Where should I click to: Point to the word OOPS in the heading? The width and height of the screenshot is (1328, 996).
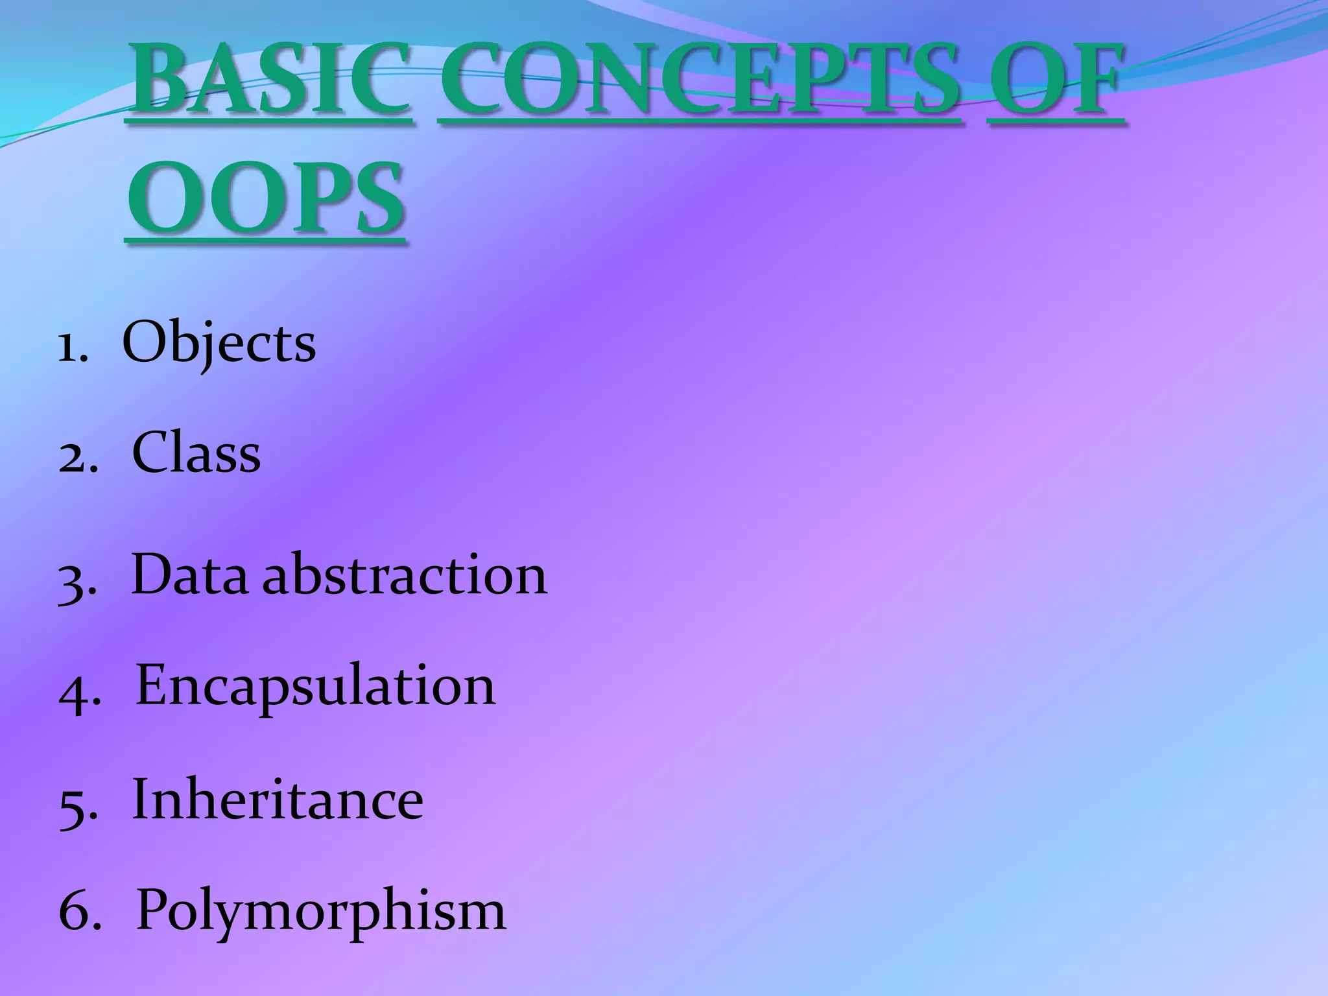click(x=266, y=200)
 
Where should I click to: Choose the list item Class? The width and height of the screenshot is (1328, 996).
click(x=196, y=453)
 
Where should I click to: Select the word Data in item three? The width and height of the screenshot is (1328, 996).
click(x=189, y=575)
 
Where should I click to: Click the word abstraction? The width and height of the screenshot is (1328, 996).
click(x=405, y=575)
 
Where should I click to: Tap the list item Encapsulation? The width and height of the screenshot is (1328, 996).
click(x=315, y=686)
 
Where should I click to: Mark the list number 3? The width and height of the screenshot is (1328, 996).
click(x=77, y=581)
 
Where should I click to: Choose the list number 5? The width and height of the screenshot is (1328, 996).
click(x=77, y=807)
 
